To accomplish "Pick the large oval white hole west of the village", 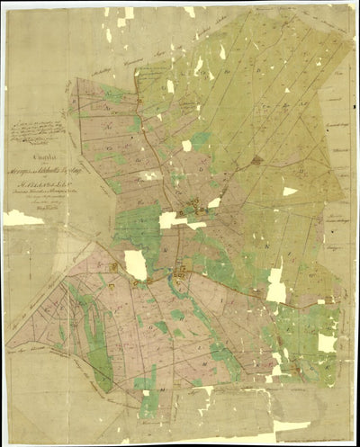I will [x=135, y=264].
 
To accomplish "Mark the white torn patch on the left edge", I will [x=22, y=218].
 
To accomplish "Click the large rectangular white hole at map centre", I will [x=171, y=219].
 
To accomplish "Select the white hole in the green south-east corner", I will [x=327, y=342].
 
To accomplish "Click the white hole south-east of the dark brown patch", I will [x=290, y=191].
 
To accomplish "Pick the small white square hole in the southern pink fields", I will [x=147, y=392].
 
